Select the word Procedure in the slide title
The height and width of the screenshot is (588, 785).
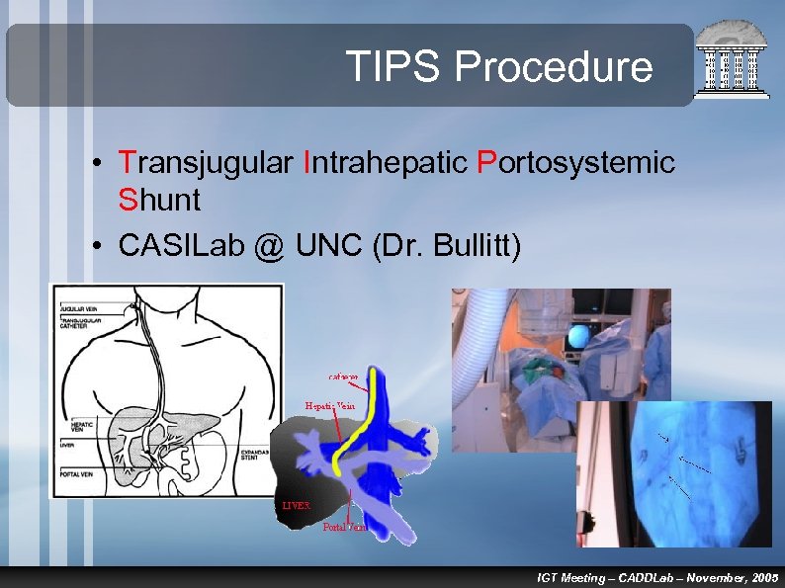[554, 67]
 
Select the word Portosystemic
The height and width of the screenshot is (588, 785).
[575, 162]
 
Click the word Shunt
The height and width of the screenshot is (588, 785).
[159, 200]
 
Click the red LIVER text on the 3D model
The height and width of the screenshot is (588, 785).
[296, 505]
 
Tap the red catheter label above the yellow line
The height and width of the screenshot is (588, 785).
[350, 377]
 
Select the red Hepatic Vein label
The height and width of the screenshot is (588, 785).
[330, 405]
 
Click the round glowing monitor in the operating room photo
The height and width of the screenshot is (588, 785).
[577, 338]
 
